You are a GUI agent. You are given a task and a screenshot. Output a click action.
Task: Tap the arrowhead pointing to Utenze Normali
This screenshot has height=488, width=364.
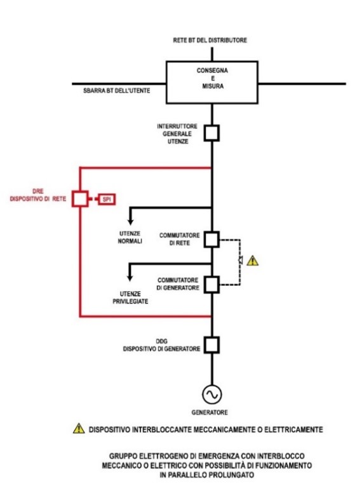tap(130, 222)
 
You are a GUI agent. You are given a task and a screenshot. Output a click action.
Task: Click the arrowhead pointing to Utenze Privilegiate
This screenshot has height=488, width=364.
tap(130, 278)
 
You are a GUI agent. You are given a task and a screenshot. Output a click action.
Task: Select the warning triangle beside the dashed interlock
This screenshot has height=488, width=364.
tap(253, 261)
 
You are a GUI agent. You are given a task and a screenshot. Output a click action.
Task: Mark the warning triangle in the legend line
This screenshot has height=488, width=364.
tap(79, 428)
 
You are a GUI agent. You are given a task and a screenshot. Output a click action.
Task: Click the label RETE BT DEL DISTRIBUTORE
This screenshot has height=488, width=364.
tap(210, 40)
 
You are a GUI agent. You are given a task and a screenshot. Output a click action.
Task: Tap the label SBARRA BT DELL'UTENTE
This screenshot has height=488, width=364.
tap(117, 91)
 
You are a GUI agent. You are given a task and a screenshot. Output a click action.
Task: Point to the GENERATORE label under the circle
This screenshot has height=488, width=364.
tap(210, 412)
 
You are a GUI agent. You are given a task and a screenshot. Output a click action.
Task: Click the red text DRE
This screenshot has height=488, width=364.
tap(38, 191)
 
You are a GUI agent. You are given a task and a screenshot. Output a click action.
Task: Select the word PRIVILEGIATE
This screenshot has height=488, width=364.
tap(130, 301)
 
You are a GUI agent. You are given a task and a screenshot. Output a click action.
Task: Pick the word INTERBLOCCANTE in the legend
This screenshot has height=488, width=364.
tap(161, 430)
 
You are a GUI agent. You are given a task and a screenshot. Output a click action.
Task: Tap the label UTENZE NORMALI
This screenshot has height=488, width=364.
tap(130, 237)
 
